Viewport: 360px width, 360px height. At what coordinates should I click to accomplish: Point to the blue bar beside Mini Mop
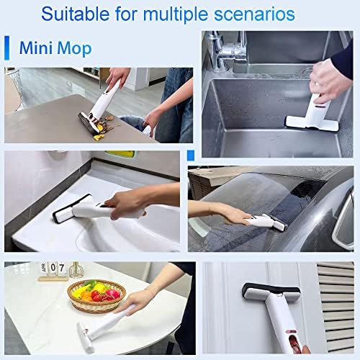[x=7, y=49]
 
